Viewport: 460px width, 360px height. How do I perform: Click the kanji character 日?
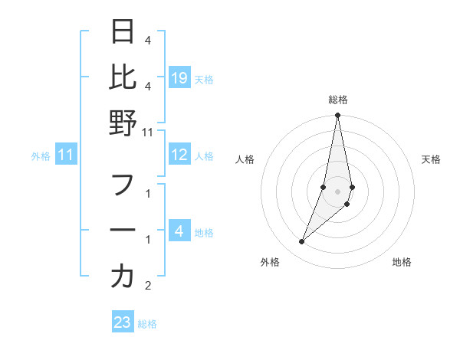123,33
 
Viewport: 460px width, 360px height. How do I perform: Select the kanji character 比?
123,77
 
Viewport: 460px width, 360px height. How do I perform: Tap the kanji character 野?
123,122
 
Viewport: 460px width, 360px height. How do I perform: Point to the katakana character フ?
123,186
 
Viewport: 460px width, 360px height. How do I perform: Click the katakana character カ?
123,277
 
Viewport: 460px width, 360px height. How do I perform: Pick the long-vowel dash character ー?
123,231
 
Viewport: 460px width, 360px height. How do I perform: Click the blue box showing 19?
179,77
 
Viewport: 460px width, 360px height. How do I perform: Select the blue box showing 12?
179,155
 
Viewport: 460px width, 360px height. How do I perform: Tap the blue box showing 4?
179,231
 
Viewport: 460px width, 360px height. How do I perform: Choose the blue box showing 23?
123,322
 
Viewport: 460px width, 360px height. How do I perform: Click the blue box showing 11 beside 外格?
66,155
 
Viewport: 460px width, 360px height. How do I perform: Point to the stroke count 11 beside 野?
148,132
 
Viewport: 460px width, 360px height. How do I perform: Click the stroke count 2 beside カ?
148,286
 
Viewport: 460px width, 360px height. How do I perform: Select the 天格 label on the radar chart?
432,159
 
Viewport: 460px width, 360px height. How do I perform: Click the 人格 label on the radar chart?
245,159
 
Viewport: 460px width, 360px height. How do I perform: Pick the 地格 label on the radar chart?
402,262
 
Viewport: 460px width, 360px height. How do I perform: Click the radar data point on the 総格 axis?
338,116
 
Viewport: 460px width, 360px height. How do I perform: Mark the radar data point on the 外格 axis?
301,242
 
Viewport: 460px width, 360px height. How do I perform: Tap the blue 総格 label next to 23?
147,323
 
